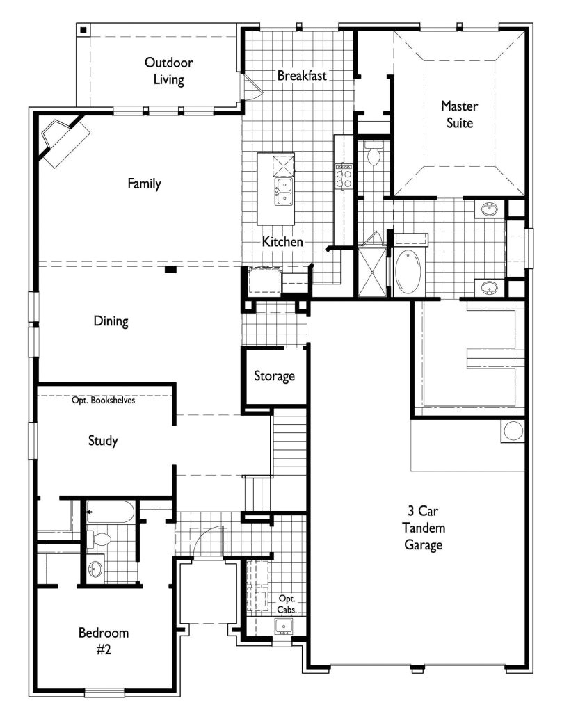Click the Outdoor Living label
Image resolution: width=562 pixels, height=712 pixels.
tap(168, 71)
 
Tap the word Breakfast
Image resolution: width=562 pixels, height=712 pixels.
tap(302, 75)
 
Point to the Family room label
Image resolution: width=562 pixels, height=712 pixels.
tap(144, 184)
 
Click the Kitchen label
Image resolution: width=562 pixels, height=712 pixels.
tap(282, 242)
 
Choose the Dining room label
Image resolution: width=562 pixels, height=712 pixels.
tap(111, 321)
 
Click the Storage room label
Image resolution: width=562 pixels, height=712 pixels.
tap(274, 376)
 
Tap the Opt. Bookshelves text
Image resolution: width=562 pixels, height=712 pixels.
tap(104, 400)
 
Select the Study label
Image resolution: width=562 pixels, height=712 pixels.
tap(103, 440)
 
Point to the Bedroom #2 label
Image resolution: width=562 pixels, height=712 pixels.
tap(104, 640)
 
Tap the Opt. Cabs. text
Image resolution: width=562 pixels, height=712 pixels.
tap(287, 604)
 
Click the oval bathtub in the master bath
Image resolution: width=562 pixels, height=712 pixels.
tap(409, 273)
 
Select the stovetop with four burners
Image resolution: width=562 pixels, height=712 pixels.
tap(344, 175)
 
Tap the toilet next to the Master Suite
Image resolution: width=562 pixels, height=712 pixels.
tap(373, 154)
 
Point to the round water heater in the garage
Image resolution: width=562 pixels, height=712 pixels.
tap(513, 430)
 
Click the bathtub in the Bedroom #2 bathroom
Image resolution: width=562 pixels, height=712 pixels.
tap(111, 513)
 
